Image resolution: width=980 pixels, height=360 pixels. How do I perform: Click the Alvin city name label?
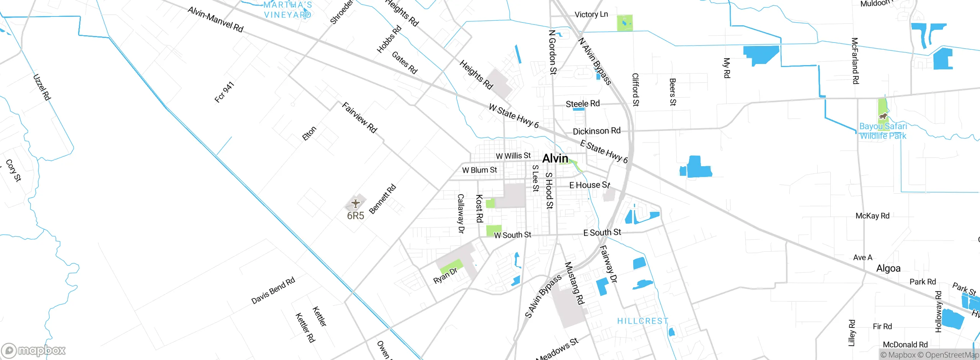tap(555, 158)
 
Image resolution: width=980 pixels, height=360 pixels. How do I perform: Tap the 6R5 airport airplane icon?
tap(356, 203)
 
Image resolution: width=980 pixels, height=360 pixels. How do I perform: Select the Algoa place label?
tap(888, 268)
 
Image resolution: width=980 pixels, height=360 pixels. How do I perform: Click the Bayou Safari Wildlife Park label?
tap(883, 131)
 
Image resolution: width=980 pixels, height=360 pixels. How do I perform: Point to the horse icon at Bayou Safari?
tap(883, 116)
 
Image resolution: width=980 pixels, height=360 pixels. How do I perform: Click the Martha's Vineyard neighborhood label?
tap(288, 10)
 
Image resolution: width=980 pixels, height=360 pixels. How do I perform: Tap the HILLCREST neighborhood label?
tap(643, 321)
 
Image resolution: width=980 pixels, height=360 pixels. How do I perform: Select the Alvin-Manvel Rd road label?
tap(216, 19)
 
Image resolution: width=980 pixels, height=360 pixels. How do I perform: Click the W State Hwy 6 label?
tap(514, 116)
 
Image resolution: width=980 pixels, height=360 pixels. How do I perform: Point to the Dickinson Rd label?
tap(596, 131)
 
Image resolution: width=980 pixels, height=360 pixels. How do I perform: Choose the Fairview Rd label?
tap(359, 118)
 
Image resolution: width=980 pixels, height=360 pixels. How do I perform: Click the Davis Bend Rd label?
tap(273, 290)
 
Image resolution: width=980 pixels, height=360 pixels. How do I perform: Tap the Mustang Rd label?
tap(575, 283)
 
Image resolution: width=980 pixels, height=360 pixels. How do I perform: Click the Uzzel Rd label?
tap(42, 87)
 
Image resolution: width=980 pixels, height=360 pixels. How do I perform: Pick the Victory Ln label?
tap(591, 15)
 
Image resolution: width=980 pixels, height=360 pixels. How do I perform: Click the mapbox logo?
tap(34, 350)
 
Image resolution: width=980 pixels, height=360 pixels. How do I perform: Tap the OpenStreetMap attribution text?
tap(951, 355)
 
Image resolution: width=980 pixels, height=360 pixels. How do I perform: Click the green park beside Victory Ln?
tap(625, 23)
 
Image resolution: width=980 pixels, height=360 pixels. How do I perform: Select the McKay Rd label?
tap(872, 216)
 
